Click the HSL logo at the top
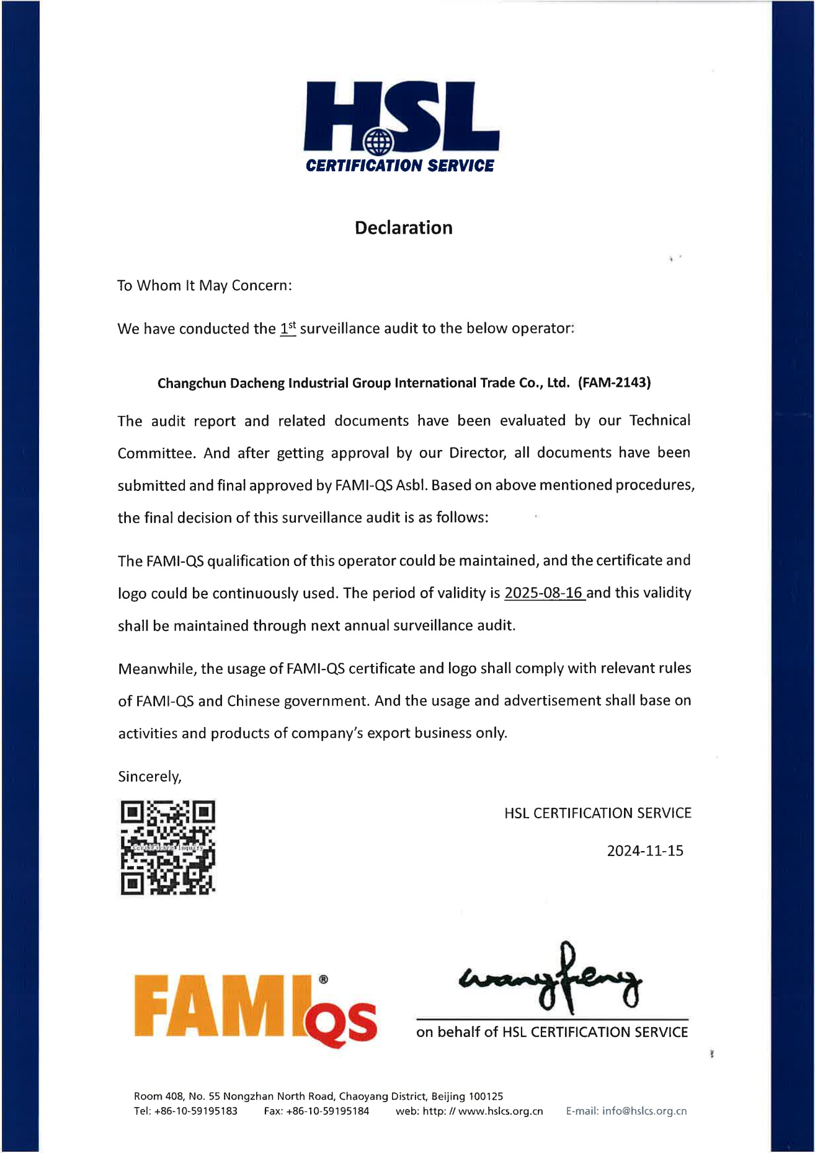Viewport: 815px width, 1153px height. pos(401,126)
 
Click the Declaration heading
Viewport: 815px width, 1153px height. pos(403,228)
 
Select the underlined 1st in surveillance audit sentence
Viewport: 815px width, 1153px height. pos(288,328)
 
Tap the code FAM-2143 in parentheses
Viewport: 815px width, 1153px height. pos(614,382)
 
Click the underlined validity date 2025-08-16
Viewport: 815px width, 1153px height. pos(544,593)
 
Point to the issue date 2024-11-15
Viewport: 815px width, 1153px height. pos(645,850)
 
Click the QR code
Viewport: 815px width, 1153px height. pos(167,847)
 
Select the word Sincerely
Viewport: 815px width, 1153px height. pos(149,777)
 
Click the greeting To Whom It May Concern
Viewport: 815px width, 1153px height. pos(205,285)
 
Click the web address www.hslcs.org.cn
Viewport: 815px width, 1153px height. pos(501,1111)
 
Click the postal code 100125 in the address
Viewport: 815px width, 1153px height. pos(486,1096)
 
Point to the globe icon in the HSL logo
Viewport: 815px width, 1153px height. pos(378,142)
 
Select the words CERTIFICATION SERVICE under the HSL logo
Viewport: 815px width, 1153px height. pos(400,166)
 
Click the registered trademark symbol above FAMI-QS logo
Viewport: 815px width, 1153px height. pos(323,979)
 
